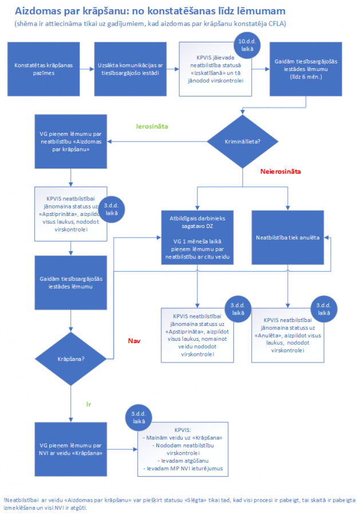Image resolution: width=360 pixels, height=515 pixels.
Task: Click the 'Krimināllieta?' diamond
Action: coord(244,140)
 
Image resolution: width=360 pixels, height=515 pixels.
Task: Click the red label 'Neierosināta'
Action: coord(280,171)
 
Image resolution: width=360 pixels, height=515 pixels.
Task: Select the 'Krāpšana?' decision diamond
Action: coord(72,359)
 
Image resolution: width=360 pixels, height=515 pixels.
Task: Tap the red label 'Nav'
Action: coord(134,341)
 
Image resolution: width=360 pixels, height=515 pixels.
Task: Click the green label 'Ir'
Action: coord(89,404)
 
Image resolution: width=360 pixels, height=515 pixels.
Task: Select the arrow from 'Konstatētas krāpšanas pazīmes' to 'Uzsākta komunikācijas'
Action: coord(86,69)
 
